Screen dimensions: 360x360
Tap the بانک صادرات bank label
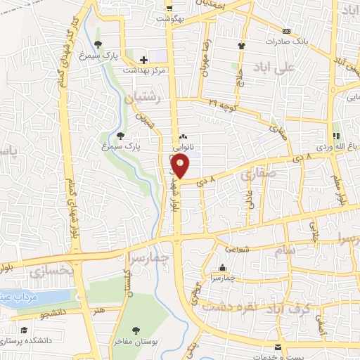285,41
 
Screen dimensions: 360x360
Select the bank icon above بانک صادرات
286,31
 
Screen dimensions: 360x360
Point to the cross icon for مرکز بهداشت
143,60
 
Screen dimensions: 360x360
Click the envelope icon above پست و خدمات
278,348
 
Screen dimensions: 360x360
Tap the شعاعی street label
237,248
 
